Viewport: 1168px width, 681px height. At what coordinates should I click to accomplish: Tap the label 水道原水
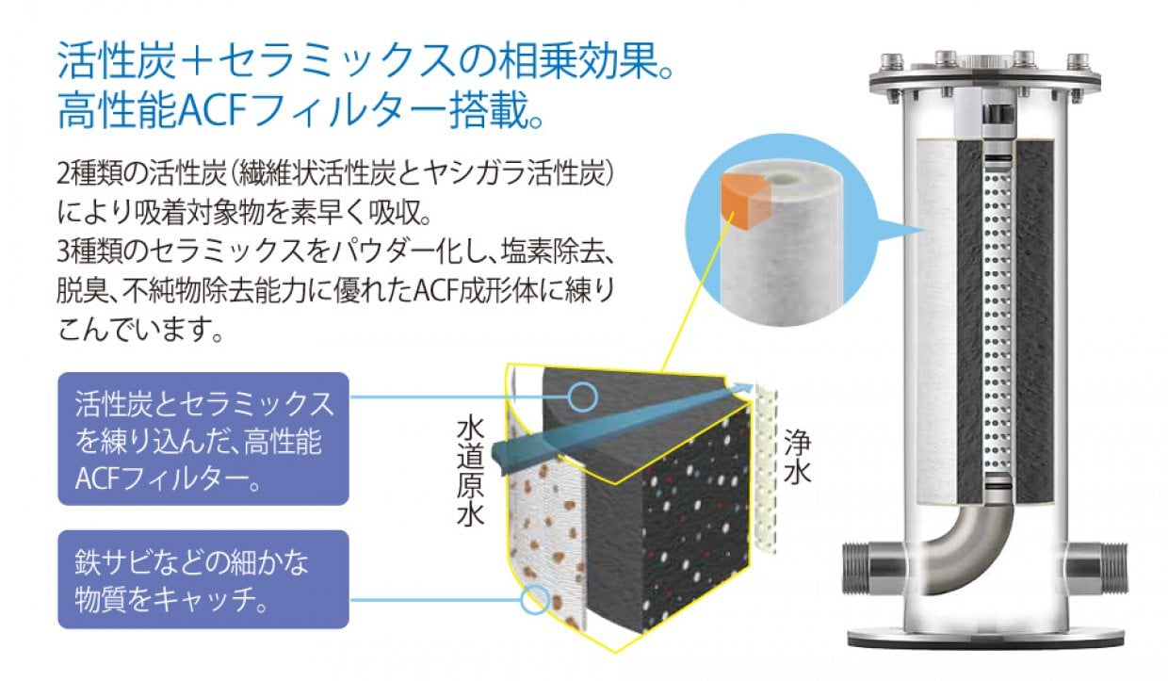click(x=470, y=471)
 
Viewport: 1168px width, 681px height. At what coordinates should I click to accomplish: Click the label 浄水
click(x=797, y=457)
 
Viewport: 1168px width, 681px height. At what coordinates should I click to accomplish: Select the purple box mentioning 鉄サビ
click(x=203, y=579)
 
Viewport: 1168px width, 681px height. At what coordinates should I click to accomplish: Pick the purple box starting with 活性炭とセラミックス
click(x=203, y=438)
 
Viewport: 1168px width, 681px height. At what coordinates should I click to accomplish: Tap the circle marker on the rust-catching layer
click(x=535, y=598)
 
